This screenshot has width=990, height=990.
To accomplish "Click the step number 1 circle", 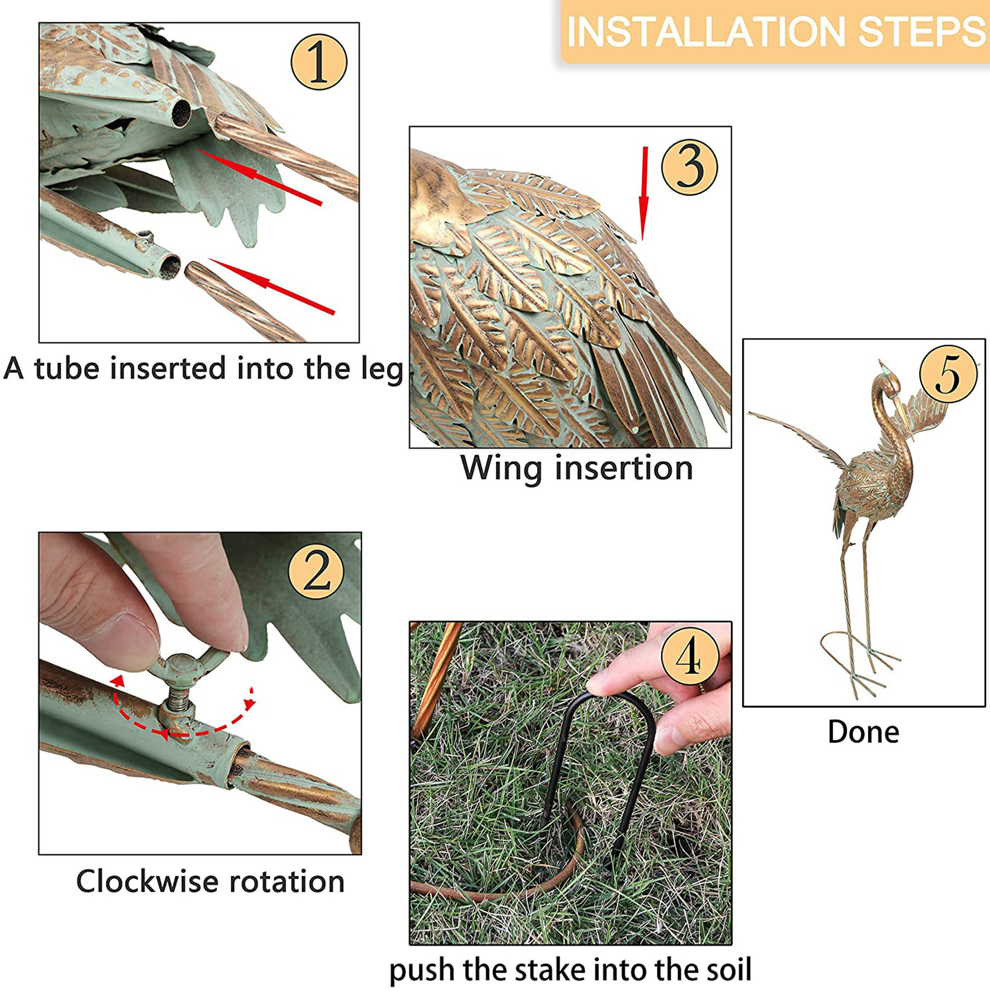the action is (319, 62).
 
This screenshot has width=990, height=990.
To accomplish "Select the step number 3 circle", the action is (689, 167).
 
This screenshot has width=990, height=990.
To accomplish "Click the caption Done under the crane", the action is (863, 732).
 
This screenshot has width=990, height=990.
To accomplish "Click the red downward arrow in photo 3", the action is (644, 194).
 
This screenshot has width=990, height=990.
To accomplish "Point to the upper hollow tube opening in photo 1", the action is (180, 113).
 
